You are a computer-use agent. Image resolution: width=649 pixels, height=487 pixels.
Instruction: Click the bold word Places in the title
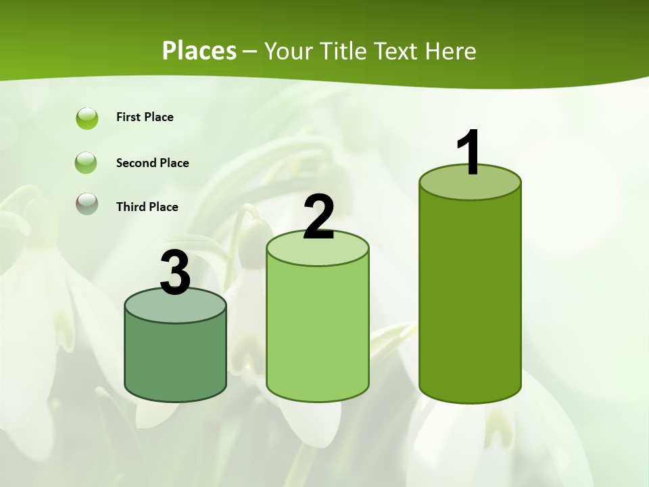pyautogui.click(x=199, y=51)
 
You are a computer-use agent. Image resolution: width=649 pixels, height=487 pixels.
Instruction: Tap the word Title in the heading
pyautogui.click(x=344, y=51)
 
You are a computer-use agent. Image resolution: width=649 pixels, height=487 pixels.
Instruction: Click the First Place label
pyautogui.click(x=145, y=117)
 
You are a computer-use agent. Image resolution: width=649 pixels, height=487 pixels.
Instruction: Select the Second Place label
pyautogui.click(x=152, y=163)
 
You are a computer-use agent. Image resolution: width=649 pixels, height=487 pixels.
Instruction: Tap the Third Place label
pyautogui.click(x=147, y=207)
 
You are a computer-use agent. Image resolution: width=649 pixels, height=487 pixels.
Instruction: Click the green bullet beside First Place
pyautogui.click(x=87, y=118)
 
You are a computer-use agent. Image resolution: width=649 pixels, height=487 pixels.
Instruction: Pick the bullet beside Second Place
pyautogui.click(x=87, y=163)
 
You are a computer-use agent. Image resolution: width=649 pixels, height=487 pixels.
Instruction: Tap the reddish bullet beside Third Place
pyautogui.click(x=87, y=203)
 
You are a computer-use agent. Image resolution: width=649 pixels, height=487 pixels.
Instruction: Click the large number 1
pyautogui.click(x=468, y=153)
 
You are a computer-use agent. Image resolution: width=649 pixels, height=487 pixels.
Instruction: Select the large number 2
pyautogui.click(x=318, y=216)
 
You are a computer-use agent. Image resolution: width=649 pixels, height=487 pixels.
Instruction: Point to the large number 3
pyautogui.click(x=175, y=273)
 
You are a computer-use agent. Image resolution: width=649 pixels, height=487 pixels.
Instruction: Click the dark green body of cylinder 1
pyautogui.click(x=470, y=298)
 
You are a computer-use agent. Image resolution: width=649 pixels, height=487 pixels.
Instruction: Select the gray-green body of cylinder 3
pyautogui.click(x=176, y=358)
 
